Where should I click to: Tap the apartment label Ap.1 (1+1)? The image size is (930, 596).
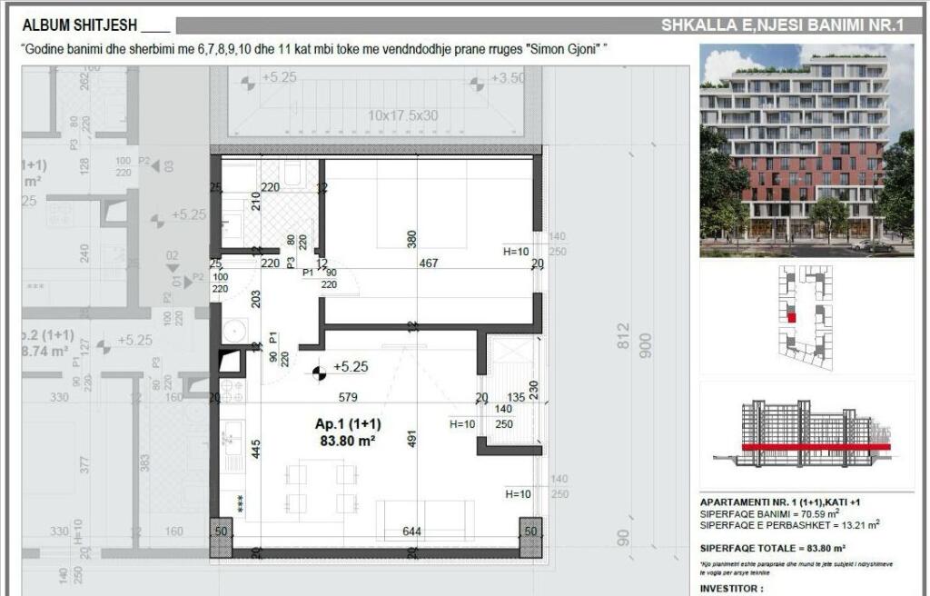348,424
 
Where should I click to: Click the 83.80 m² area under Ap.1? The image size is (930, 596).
347,442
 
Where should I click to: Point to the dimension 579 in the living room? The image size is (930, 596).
349,396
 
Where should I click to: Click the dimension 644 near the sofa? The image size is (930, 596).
411,531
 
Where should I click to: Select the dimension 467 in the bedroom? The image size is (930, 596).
428,263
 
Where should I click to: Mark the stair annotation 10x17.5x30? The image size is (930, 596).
402,115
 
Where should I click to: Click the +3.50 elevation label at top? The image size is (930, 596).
508,79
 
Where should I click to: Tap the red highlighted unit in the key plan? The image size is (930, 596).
791,318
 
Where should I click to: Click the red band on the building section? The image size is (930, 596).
815,447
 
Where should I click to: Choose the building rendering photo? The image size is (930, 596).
806,151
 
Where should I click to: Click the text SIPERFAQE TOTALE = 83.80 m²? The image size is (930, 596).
773,548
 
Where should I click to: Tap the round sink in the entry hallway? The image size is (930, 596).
234,330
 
